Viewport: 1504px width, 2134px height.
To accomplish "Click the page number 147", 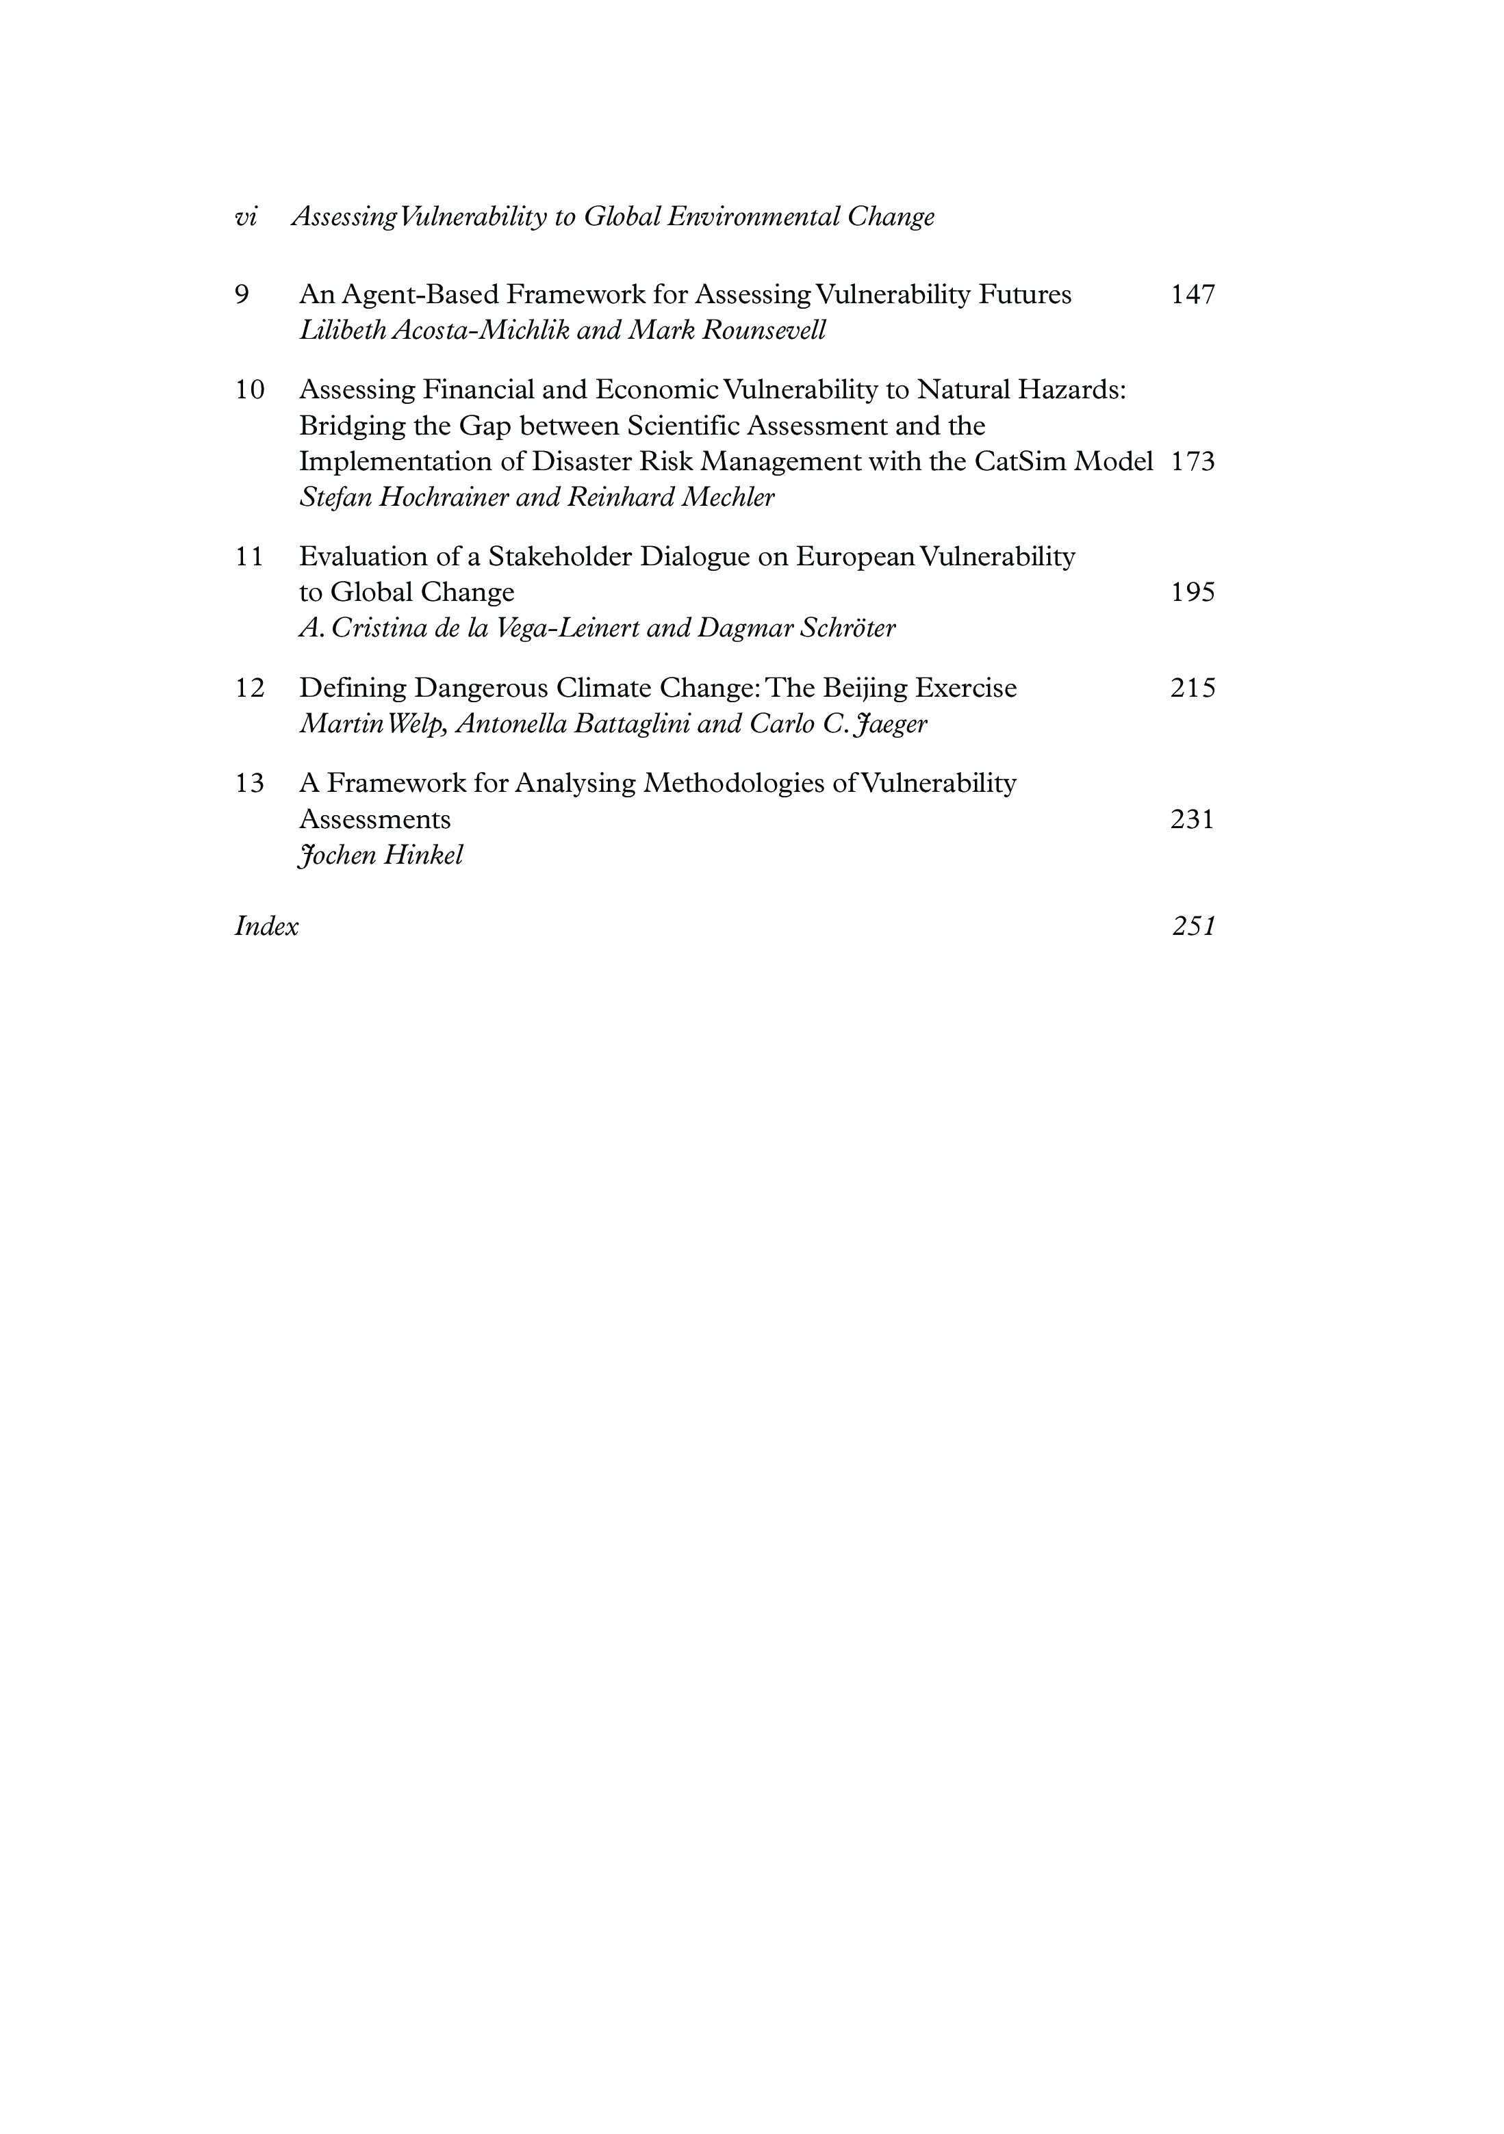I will pyautogui.click(x=1193, y=294).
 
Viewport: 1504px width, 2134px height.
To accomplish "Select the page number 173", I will pyautogui.click(x=1193, y=462).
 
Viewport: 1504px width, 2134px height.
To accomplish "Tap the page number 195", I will pyautogui.click(x=1193, y=592).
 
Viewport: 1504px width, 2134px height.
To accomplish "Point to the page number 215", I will pyautogui.click(x=1193, y=688).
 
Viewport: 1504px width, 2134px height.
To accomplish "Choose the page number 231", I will pyautogui.click(x=1193, y=819).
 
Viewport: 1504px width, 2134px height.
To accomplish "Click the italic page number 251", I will pyautogui.click(x=1193, y=927).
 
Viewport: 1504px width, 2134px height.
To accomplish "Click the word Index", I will pyautogui.click(x=267, y=927).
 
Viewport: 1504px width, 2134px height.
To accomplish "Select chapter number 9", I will pyautogui.click(x=242, y=294).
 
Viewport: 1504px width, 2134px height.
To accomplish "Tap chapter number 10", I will pyautogui.click(x=249, y=389).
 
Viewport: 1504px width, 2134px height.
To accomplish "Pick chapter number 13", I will pyautogui.click(x=249, y=782).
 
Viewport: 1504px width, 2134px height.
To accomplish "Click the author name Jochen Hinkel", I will pyautogui.click(x=380, y=855).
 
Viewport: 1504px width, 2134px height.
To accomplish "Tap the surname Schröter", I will pyautogui.click(x=847, y=628).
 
